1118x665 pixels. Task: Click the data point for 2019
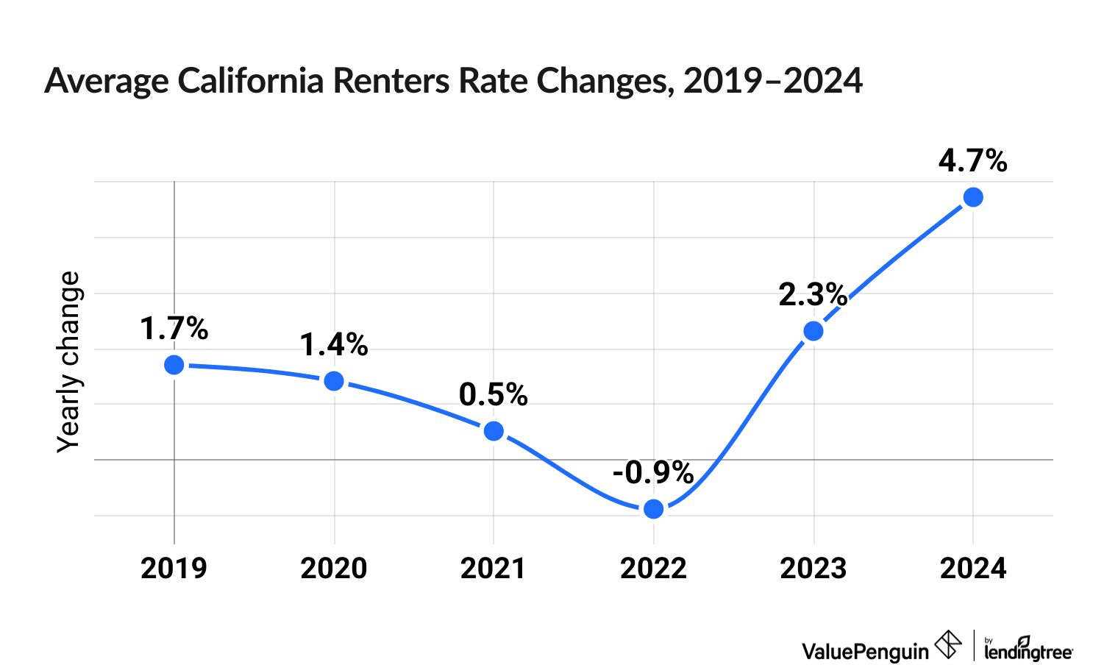point(174,365)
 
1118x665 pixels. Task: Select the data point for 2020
point(334,381)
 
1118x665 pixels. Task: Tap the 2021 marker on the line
point(494,431)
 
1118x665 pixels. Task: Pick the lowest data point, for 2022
point(653,509)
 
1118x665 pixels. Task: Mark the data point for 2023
point(813,331)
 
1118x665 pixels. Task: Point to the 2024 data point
point(973,197)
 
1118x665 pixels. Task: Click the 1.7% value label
point(174,329)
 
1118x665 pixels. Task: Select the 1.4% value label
point(334,345)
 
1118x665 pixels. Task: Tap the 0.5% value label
point(494,395)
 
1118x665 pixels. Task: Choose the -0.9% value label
point(653,473)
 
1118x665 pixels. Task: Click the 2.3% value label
point(813,295)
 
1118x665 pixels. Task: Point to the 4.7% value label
point(973,161)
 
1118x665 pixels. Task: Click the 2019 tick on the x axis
point(174,569)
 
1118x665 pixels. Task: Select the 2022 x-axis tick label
point(653,569)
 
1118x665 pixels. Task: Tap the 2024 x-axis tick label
point(973,569)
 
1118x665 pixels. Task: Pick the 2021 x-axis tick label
point(494,569)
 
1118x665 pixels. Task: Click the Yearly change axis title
point(69,362)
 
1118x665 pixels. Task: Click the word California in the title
point(250,81)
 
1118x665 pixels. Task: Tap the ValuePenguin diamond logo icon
point(948,645)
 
